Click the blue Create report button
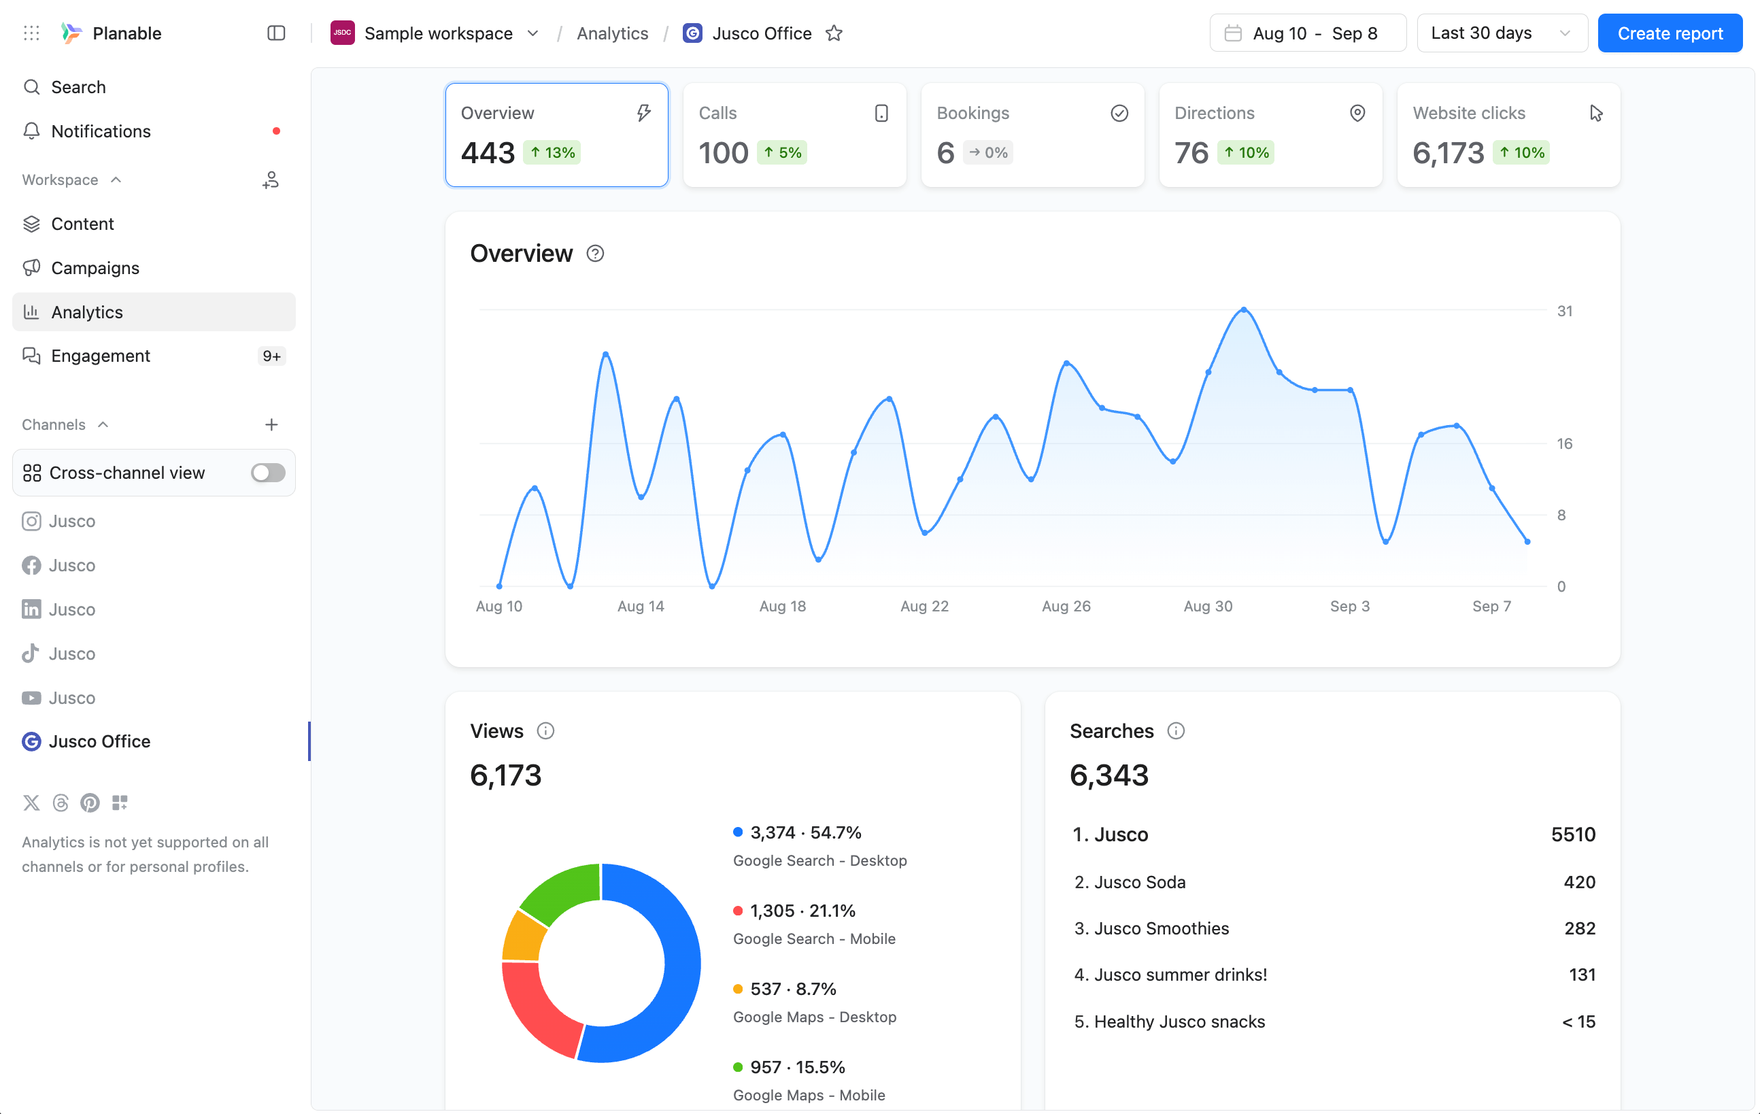[1670, 33]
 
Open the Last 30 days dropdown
[1502, 33]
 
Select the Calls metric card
[794, 135]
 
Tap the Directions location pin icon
[1357, 113]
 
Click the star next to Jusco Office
[834, 33]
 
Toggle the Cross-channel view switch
[267, 473]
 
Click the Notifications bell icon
[31, 131]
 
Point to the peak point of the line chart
[1244, 310]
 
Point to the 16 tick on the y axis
[1564, 443]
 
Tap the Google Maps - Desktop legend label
[814, 1017]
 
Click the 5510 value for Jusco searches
[1573, 834]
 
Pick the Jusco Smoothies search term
[1162, 928]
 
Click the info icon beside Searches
[1175, 731]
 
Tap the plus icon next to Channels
[271, 424]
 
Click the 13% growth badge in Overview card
[552, 153]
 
